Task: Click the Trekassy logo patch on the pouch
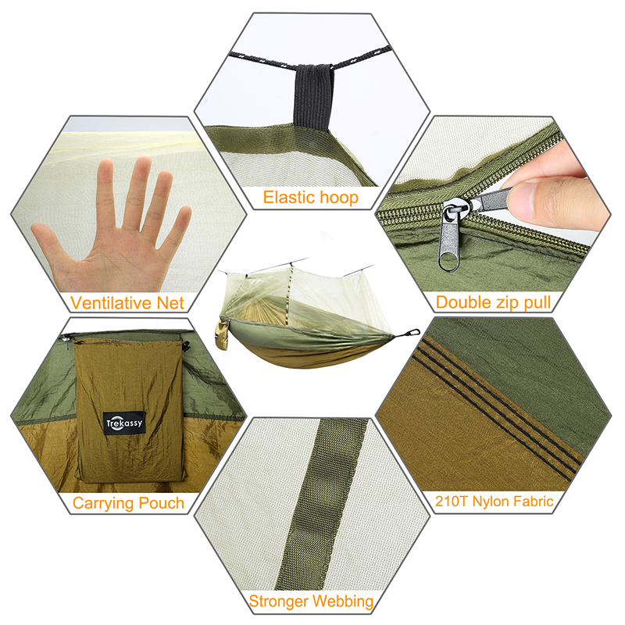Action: [x=124, y=423]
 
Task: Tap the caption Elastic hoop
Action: [x=310, y=198]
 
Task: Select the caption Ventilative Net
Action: [x=127, y=303]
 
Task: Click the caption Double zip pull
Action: [x=493, y=302]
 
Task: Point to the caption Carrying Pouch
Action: [x=128, y=503]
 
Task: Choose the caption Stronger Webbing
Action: [x=311, y=601]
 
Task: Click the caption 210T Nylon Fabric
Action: [x=494, y=501]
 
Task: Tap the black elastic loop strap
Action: [x=314, y=96]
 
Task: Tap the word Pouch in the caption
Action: [x=162, y=503]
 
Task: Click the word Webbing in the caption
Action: [x=343, y=602]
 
